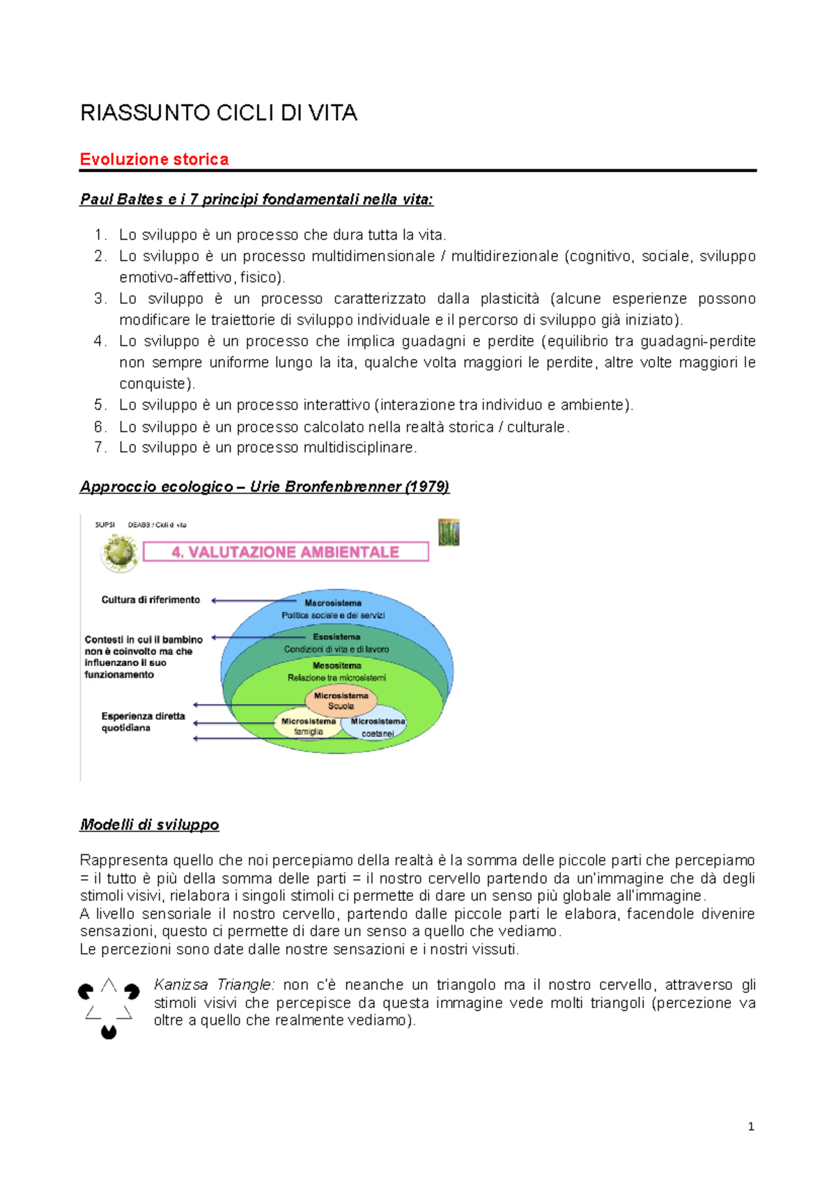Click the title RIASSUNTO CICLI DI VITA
[x=219, y=113]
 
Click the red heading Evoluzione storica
[x=154, y=160]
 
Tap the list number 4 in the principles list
[x=99, y=341]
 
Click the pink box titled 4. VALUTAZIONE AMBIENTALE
[x=286, y=552]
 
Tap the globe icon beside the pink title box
[x=120, y=552]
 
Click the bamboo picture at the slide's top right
[x=449, y=532]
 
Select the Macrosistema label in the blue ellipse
[x=333, y=603]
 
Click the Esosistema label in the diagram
[x=336, y=637]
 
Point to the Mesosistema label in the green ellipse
[x=336, y=665]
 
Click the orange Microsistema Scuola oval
[x=341, y=700]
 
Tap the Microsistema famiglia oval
[x=308, y=726]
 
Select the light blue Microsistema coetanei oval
[x=377, y=727]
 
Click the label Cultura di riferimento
[x=150, y=600]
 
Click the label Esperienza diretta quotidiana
[x=143, y=722]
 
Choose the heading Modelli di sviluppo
[x=149, y=825]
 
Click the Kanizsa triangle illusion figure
[x=109, y=1007]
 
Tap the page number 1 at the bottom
[x=750, y=1127]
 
